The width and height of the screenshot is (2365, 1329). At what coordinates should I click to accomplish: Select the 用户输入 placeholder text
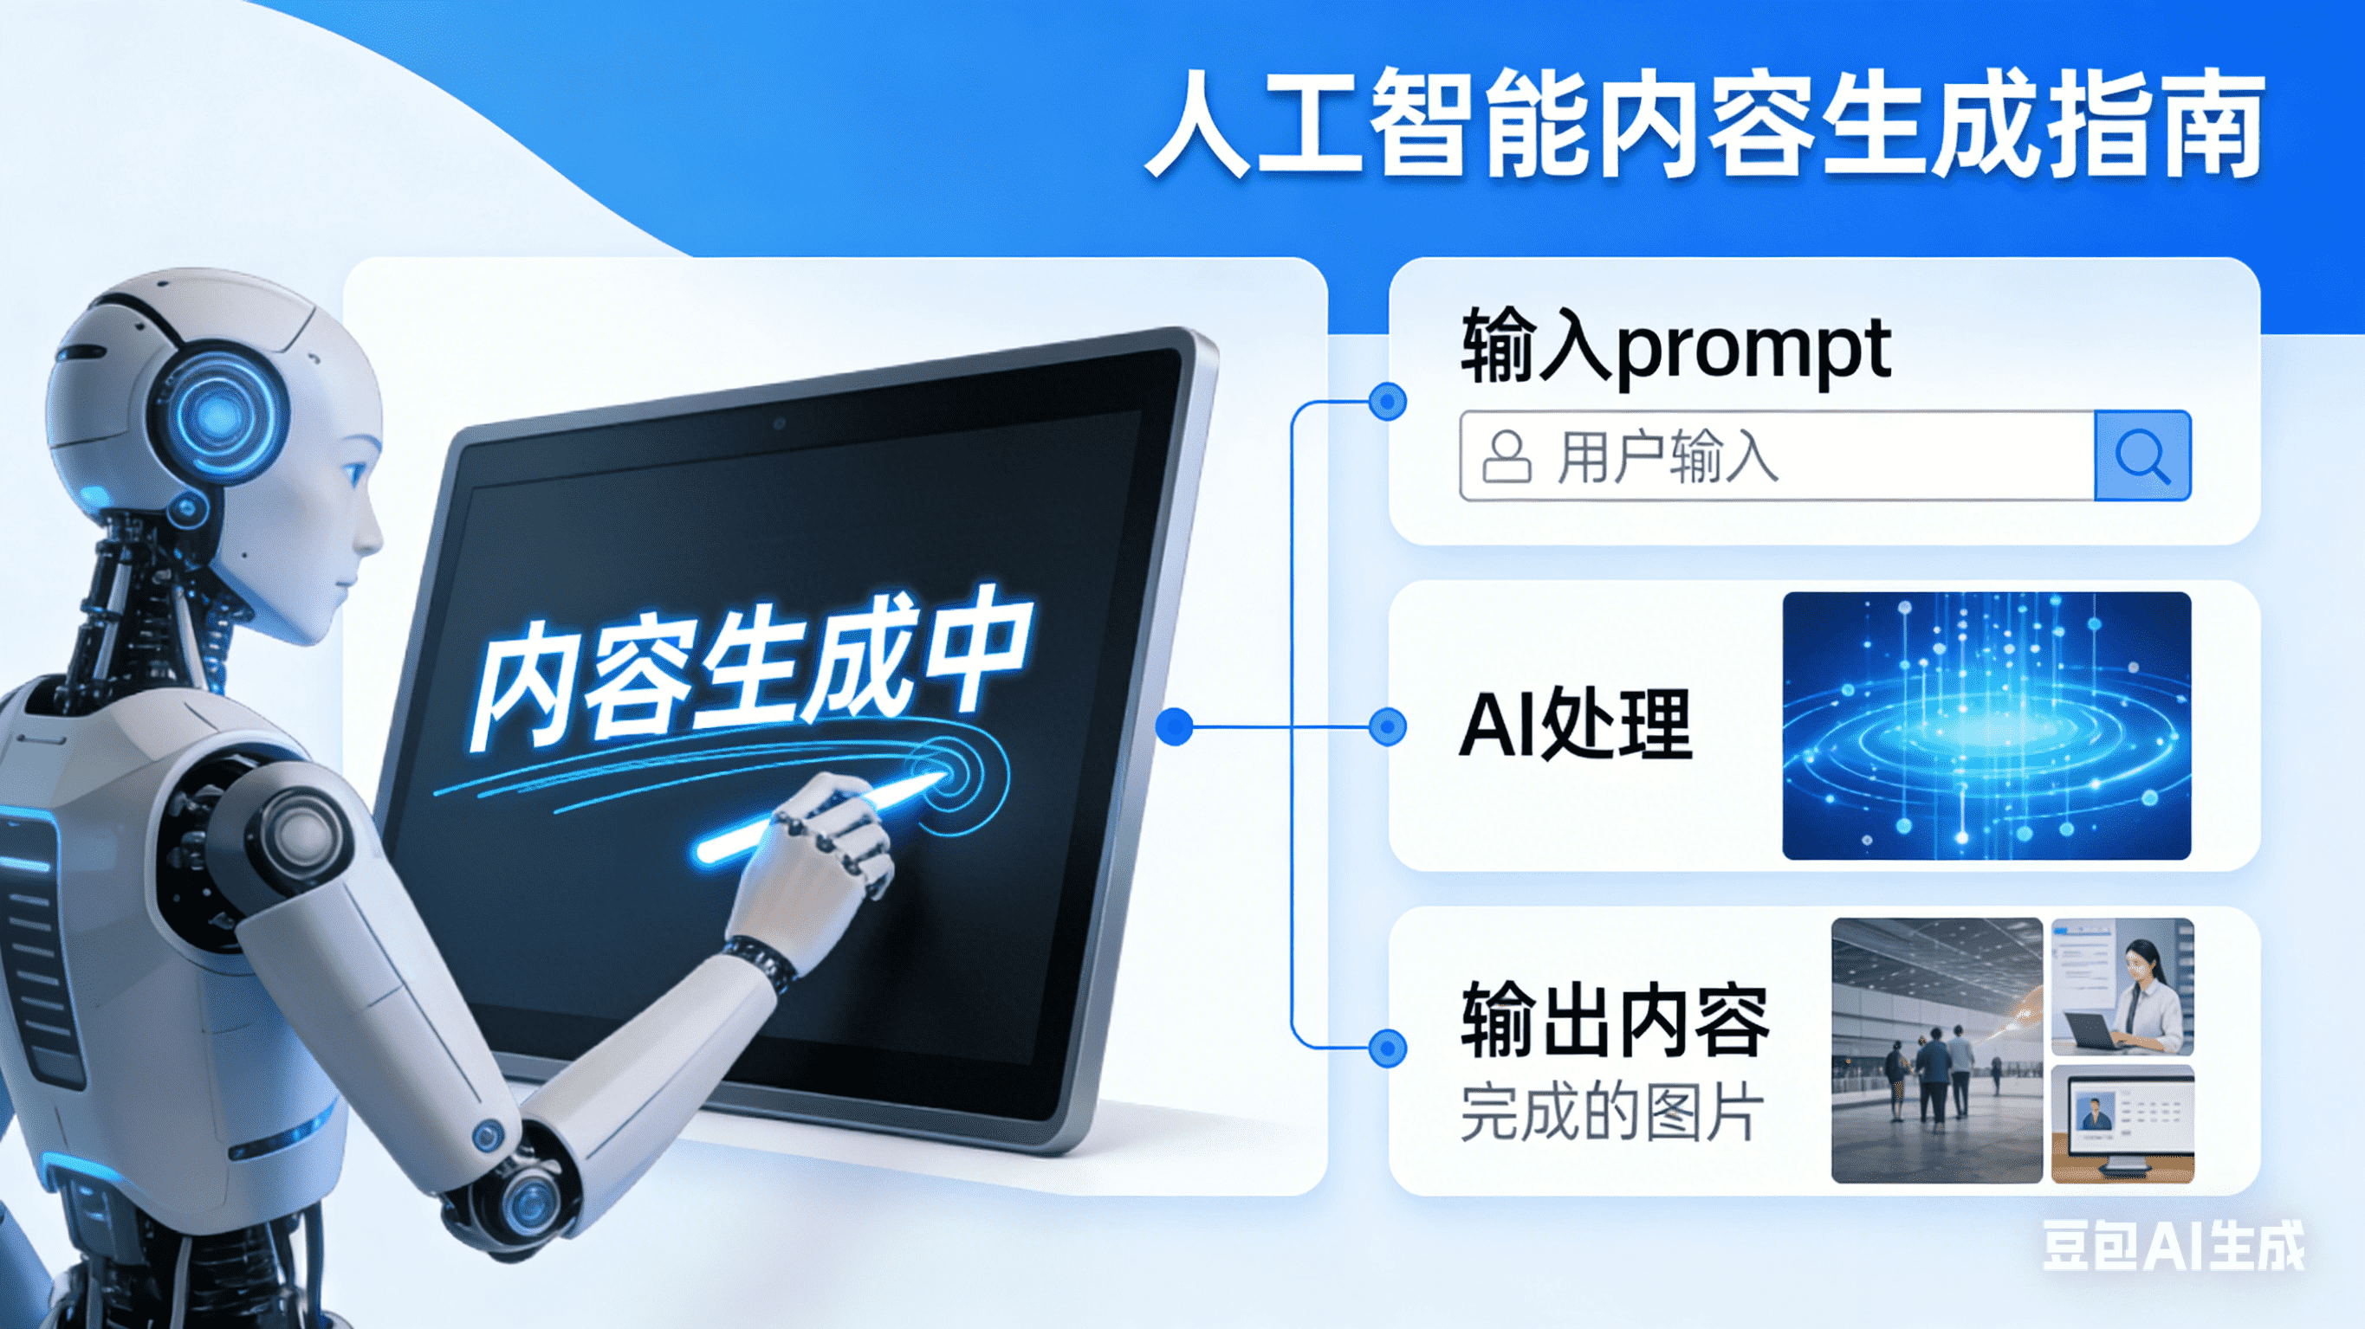click(x=1668, y=456)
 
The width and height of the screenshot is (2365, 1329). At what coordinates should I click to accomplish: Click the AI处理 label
click(x=1576, y=724)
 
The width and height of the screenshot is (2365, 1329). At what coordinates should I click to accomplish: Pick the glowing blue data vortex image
click(x=1986, y=725)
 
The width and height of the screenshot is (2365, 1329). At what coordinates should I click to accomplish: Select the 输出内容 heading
click(x=1615, y=1020)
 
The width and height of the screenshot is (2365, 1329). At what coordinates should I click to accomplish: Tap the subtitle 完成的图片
click(x=1612, y=1112)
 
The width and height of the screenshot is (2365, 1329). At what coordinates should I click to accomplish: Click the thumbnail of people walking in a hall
click(x=1937, y=1050)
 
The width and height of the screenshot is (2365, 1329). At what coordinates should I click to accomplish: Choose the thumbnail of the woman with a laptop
click(x=2122, y=987)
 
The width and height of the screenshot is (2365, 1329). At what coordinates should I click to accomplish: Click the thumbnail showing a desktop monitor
click(x=2122, y=1125)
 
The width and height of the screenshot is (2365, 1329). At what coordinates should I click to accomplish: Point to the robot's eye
click(x=354, y=474)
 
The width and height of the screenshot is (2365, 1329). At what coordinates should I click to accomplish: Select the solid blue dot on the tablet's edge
click(x=1174, y=727)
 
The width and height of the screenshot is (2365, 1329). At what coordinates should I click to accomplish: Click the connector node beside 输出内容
click(x=1387, y=1048)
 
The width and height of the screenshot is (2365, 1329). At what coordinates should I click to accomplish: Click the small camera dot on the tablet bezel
click(x=779, y=423)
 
